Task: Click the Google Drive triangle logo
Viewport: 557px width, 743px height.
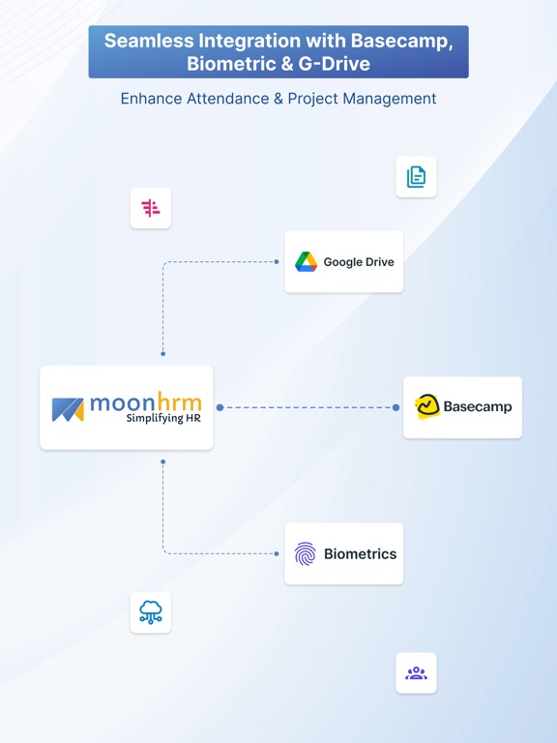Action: (306, 261)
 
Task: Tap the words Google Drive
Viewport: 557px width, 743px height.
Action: (359, 262)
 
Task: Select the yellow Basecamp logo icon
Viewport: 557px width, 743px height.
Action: (427, 406)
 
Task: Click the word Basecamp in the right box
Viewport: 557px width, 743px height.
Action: (478, 406)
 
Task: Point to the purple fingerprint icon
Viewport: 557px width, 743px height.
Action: (305, 553)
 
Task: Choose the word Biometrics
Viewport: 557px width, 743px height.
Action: (360, 553)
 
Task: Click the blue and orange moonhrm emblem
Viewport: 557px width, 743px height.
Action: (68, 409)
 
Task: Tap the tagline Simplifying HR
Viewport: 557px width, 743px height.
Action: (163, 418)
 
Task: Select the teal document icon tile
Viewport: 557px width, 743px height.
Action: (416, 177)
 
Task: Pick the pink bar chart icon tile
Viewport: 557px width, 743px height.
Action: (151, 208)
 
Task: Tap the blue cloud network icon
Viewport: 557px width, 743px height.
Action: (151, 611)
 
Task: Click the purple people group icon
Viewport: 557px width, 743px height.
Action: (416, 673)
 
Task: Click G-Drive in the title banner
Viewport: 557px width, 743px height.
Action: (334, 64)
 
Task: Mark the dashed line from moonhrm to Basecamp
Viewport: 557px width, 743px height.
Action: (308, 407)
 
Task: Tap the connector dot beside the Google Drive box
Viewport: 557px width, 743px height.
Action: (277, 261)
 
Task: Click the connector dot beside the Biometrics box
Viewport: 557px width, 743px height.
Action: (277, 553)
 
